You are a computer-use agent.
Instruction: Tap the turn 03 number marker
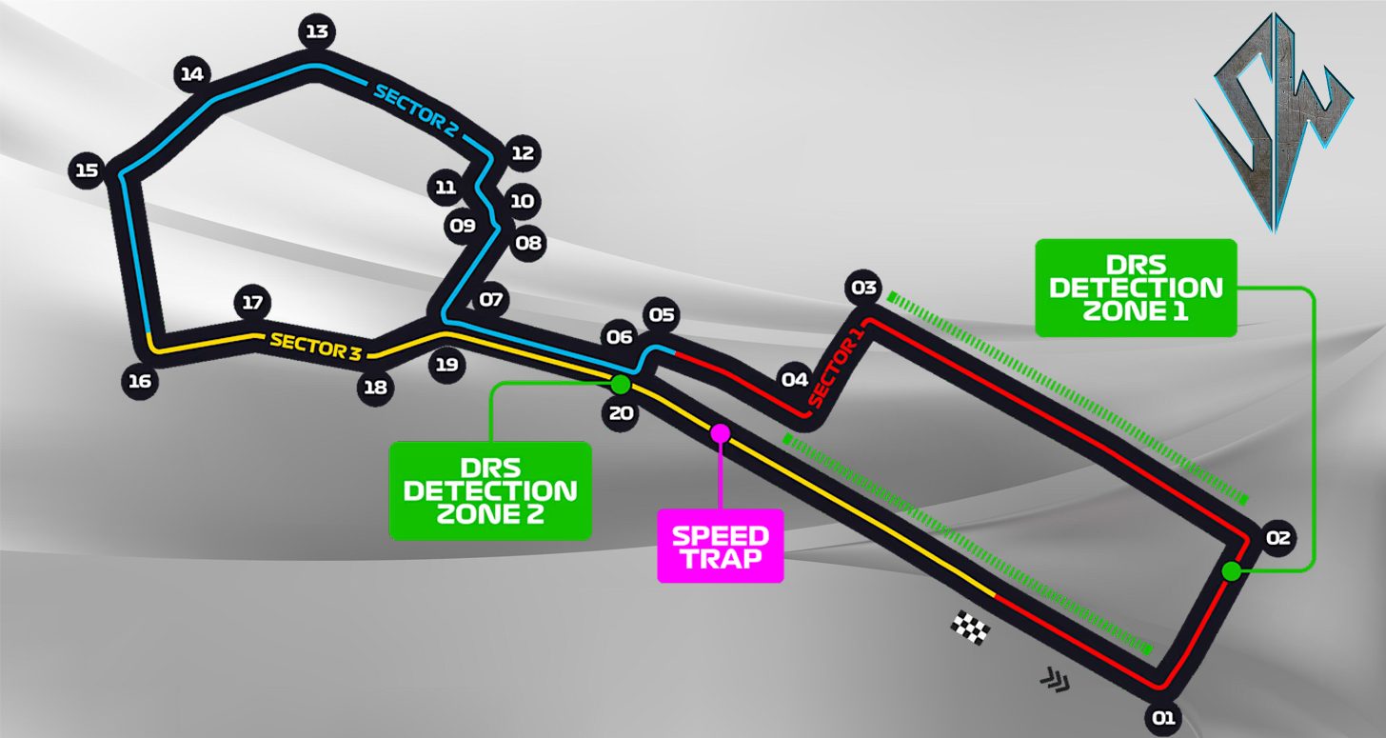pyautogui.click(x=863, y=288)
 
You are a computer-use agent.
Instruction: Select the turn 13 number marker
pyautogui.click(x=316, y=32)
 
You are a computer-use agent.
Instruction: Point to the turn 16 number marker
pyautogui.click(x=140, y=382)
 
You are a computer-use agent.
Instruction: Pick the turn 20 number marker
pyautogui.click(x=621, y=413)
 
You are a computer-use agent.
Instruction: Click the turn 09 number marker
pyautogui.click(x=463, y=226)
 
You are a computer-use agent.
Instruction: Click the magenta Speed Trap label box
pyautogui.click(x=721, y=546)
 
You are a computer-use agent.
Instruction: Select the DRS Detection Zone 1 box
pyautogui.click(x=1135, y=288)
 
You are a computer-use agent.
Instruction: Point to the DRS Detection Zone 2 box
pyautogui.click(x=490, y=490)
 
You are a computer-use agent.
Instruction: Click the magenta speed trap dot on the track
pyautogui.click(x=721, y=433)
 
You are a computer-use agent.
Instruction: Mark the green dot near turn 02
pyautogui.click(x=1231, y=571)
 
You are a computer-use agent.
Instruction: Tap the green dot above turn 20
pyautogui.click(x=621, y=385)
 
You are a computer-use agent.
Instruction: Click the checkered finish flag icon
pyautogui.click(x=971, y=627)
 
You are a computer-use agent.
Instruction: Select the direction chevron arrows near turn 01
pyautogui.click(x=1054, y=679)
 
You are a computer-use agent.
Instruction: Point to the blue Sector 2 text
pyautogui.click(x=415, y=108)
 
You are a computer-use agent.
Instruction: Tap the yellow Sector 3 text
pyautogui.click(x=315, y=346)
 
